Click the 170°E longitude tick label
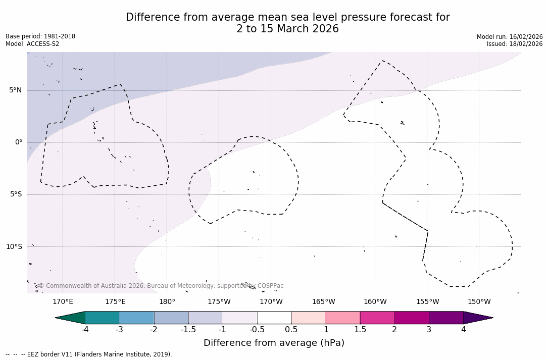coord(63,302)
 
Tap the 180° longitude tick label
coord(167,302)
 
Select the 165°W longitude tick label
coord(323,302)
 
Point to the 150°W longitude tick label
coord(479,302)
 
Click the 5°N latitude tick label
coord(15,90)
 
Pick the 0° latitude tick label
coord(18,142)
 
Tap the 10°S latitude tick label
coord(14,246)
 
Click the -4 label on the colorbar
coord(85,330)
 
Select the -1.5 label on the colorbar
coord(188,330)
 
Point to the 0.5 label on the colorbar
coord(291,330)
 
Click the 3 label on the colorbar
coord(429,330)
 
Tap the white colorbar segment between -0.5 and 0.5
coord(274,318)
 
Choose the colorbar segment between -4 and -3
coord(102,318)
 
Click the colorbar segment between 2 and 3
coord(412,318)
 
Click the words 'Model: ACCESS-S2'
coord(32,44)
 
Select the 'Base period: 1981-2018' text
coord(40,36)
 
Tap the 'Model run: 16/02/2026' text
coord(510,37)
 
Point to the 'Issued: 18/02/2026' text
coord(515,44)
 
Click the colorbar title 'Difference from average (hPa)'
coord(274,343)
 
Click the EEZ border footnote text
coord(89,354)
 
